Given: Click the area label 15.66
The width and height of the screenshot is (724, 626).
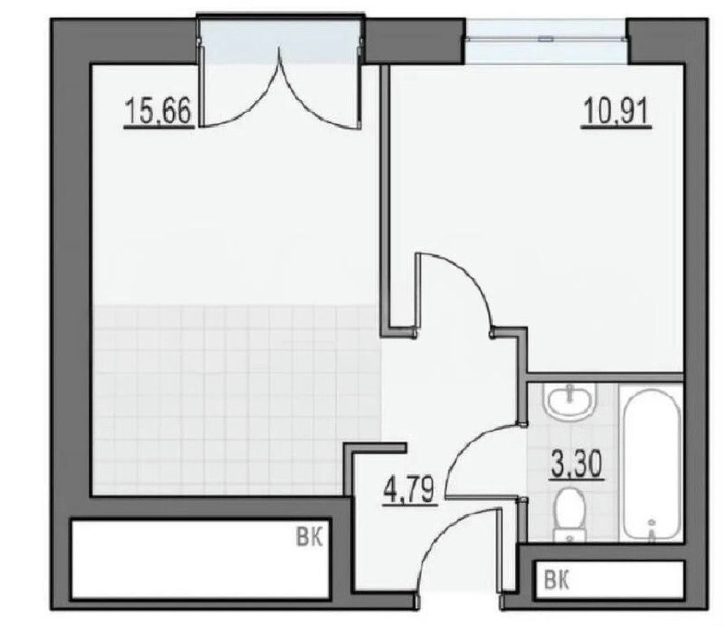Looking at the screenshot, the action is (x=158, y=113).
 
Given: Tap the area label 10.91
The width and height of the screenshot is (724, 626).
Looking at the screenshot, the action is (x=616, y=113).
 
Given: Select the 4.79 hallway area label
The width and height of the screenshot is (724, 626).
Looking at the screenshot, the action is (x=410, y=489).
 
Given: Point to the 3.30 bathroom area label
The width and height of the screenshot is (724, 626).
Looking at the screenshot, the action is (x=577, y=464).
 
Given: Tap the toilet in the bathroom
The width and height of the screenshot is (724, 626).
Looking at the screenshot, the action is (x=570, y=516).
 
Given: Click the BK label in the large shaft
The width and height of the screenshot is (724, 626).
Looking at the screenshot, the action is (x=309, y=538).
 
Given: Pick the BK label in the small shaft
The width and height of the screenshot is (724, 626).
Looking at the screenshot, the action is (x=557, y=580).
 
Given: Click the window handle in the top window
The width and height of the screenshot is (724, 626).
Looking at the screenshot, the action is (x=546, y=40).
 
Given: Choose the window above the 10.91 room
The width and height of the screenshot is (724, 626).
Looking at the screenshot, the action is (x=546, y=41).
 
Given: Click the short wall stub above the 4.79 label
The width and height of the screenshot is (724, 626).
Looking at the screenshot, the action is (x=375, y=447).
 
